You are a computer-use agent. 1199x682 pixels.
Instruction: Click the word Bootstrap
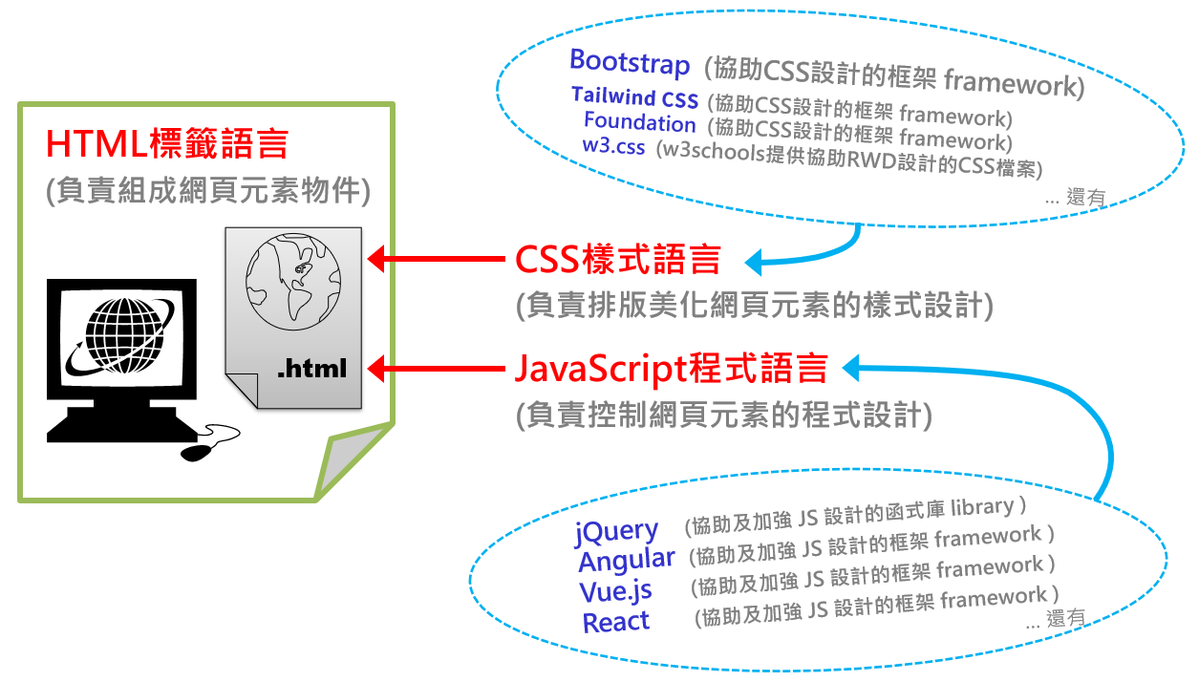tap(629, 63)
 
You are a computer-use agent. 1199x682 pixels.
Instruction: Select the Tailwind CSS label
tap(634, 96)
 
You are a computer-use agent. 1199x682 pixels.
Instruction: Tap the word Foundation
tap(639, 122)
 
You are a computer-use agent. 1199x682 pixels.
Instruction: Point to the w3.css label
tap(613, 147)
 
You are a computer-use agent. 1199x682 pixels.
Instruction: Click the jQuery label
tap(616, 531)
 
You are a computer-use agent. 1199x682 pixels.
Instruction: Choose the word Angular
tap(626, 560)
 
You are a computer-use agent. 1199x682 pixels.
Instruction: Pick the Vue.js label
tap(615, 591)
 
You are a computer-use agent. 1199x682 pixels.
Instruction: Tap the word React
tap(615, 623)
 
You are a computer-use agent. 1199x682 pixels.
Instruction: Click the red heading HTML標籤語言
tap(167, 145)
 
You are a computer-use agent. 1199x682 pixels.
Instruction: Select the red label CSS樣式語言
tap(617, 260)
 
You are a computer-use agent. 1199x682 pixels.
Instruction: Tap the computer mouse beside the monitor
tap(200, 449)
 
